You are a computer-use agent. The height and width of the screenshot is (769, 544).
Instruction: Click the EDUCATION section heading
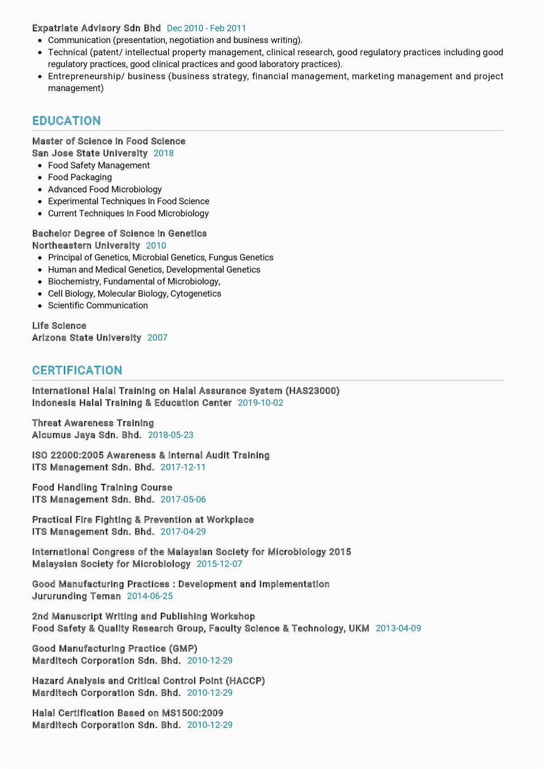[66, 120]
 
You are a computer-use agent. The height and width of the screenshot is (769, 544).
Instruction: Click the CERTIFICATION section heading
[77, 370]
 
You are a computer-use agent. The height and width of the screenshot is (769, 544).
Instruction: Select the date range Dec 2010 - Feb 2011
[206, 28]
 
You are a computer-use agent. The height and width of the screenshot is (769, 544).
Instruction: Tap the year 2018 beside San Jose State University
[164, 153]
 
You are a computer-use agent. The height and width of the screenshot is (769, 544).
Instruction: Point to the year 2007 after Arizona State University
[157, 337]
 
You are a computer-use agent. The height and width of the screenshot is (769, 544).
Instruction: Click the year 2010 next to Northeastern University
[156, 245]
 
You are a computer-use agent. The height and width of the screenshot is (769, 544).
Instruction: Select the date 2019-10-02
[260, 403]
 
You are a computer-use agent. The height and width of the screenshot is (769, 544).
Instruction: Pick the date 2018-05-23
[170, 435]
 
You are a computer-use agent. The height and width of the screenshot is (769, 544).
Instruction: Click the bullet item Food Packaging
[80, 177]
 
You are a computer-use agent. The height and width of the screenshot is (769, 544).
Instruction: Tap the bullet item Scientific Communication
[98, 305]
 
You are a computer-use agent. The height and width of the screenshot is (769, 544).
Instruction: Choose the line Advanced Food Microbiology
[105, 189]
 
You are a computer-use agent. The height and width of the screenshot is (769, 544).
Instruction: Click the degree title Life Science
[59, 326]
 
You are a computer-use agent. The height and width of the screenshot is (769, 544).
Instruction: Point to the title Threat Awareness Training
[93, 423]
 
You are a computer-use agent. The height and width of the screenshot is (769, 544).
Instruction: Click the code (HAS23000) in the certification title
[312, 390]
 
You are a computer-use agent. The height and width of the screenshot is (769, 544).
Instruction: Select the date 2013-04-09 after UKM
[398, 628]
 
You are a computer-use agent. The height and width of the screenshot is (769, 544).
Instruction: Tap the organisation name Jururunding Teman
[77, 596]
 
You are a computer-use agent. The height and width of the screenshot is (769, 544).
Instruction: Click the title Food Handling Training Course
[102, 487]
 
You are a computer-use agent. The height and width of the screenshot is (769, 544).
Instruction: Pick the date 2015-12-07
[219, 564]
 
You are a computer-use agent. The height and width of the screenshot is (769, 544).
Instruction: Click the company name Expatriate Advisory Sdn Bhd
[96, 28]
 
